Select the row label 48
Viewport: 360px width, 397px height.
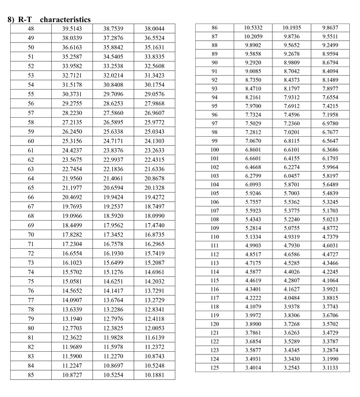click(31, 29)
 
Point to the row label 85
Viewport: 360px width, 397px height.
click(31, 374)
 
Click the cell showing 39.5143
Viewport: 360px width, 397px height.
click(72, 29)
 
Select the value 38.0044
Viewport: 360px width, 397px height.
click(154, 29)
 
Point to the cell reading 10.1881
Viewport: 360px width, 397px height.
click(154, 374)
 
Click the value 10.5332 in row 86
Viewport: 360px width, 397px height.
click(253, 28)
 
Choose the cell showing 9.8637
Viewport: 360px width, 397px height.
click(330, 28)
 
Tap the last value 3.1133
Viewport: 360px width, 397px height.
click(330, 367)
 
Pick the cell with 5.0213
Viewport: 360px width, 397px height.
click(330, 219)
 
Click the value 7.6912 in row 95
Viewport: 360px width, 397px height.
click(292, 106)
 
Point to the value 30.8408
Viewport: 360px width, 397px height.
click(113, 84)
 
